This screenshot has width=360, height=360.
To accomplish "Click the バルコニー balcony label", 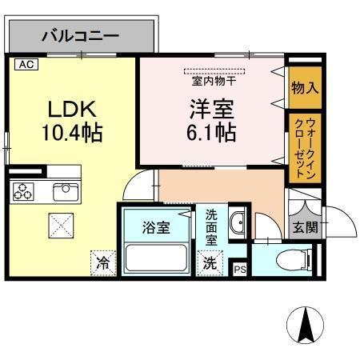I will pos(80,36).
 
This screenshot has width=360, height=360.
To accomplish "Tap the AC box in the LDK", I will pos(26,64).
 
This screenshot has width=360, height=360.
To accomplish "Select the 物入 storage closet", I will pos(305,86).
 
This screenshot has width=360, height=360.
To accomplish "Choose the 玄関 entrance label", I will pos(305,227).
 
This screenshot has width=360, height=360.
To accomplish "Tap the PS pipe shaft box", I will pos(239,269).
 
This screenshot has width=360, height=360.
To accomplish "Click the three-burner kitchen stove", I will pos(22,191).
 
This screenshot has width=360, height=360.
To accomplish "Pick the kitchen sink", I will pos(62,191).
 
